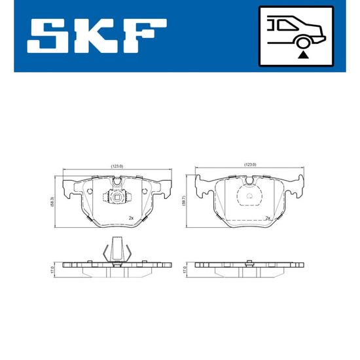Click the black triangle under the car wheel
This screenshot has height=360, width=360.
click(x=303, y=56)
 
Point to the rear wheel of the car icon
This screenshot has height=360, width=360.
click(x=303, y=43)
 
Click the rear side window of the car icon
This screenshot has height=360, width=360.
click(x=287, y=26)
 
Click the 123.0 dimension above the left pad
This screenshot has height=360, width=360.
click(x=117, y=166)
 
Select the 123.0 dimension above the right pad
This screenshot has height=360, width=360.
click(x=250, y=164)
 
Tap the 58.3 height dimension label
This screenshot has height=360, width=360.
click(x=52, y=202)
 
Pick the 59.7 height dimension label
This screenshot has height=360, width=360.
click(x=184, y=201)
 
